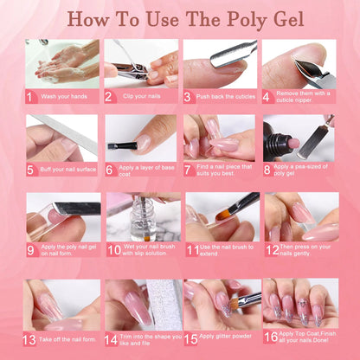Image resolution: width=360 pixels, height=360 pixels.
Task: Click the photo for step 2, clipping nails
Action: (x=140, y=63)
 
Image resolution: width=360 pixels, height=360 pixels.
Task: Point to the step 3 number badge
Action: (x=189, y=97)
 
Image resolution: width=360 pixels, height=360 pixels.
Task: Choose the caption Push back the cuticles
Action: (x=227, y=97)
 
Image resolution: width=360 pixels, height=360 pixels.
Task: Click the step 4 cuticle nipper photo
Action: (x=299, y=63)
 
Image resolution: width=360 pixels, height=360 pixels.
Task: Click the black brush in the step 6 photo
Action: (x=126, y=145)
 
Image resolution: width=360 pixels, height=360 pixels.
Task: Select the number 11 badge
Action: (x=190, y=250)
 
